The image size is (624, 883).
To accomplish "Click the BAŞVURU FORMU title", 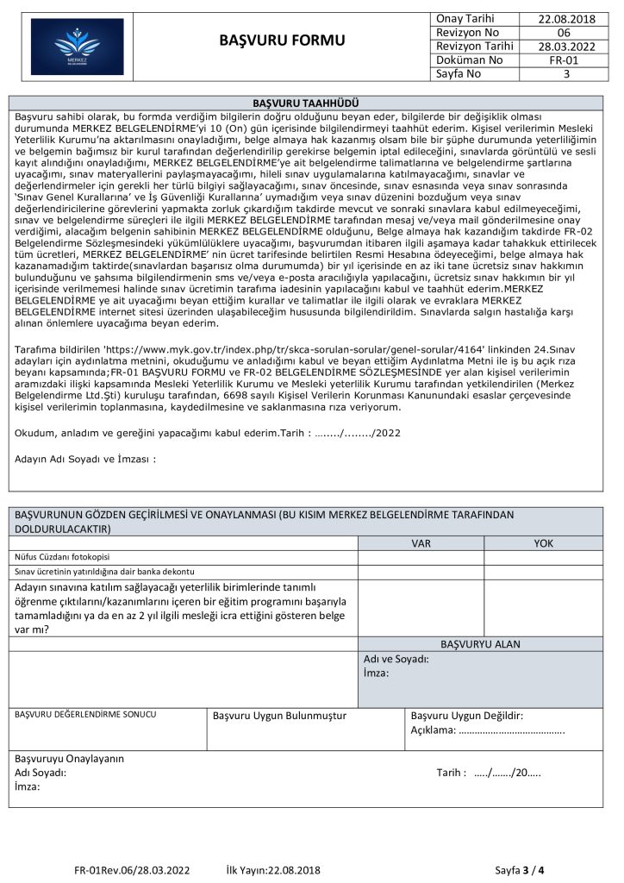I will click(x=282, y=41).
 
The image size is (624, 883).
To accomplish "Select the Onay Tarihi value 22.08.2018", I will click(x=566, y=18).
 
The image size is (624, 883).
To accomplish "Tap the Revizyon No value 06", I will click(x=566, y=32).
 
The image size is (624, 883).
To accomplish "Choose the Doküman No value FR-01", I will click(x=566, y=60).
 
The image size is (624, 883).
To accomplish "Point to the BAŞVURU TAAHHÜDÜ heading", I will click(x=312, y=103).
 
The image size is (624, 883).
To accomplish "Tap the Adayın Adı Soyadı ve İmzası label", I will click(x=85, y=459).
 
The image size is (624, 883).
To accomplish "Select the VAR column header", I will click(x=421, y=543).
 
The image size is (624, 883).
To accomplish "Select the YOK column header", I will click(x=545, y=543).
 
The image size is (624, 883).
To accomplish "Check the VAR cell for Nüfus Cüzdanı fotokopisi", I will click(x=421, y=557).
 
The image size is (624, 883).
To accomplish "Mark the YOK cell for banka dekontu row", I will click(x=545, y=571).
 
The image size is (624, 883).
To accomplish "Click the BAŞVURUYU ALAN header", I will click(x=480, y=643).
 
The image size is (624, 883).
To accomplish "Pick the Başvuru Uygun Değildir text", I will click(x=467, y=716).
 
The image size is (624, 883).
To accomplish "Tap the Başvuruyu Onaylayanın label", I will click(x=70, y=759).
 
